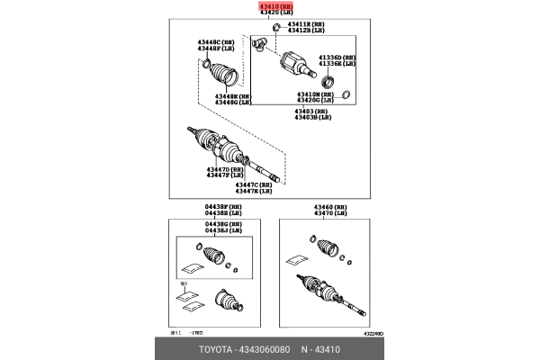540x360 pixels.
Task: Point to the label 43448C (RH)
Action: click(x=216, y=41)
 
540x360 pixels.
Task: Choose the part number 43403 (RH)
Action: click(x=312, y=111)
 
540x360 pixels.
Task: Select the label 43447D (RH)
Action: click(x=225, y=169)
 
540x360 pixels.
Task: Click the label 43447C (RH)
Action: click(x=254, y=184)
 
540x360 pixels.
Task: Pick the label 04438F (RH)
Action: click(x=223, y=206)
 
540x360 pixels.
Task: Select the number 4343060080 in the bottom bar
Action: click(x=264, y=346)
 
